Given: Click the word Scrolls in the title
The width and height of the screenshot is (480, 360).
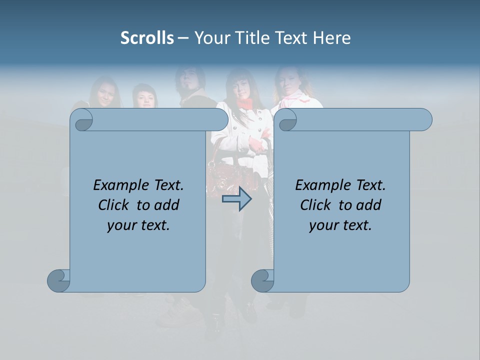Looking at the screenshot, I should pyautogui.click(x=147, y=38).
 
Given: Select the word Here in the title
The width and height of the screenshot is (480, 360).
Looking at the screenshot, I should pyautogui.click(x=332, y=38).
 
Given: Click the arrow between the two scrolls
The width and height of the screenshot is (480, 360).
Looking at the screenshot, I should pyautogui.click(x=236, y=198).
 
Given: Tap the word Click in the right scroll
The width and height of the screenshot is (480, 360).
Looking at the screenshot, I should pyautogui.click(x=317, y=205).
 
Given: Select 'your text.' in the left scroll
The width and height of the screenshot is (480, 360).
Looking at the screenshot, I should pyautogui.click(x=138, y=225).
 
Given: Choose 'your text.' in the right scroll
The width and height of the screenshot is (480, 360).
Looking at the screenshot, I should pyautogui.click(x=340, y=225).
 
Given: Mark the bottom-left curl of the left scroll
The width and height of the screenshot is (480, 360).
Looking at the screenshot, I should pyautogui.click(x=59, y=280).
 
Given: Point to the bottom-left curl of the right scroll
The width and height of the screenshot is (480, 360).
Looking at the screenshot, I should pyautogui.click(x=262, y=280).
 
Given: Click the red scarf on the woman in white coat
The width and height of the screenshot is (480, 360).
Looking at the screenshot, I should pyautogui.click(x=244, y=103).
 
